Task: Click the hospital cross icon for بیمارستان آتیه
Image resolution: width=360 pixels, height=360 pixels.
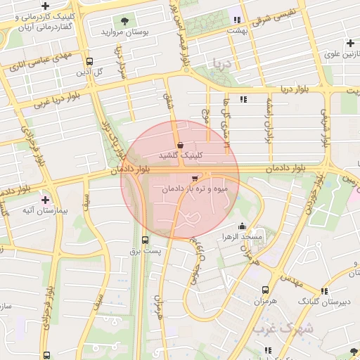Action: point(46,200)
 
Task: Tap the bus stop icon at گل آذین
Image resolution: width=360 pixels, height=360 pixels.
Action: point(89,61)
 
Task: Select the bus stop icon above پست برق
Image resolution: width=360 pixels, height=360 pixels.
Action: point(146,239)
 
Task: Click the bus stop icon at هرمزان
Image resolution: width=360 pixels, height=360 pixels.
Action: point(265,290)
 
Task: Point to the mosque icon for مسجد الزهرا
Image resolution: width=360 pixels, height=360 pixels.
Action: point(243,226)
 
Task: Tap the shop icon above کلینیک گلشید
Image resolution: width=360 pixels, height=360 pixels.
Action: point(181,144)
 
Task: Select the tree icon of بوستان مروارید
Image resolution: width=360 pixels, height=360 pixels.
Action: point(125,21)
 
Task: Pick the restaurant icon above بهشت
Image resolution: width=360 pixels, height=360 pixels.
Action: point(237,20)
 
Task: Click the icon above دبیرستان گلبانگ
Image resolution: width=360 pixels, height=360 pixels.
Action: point(324,290)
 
